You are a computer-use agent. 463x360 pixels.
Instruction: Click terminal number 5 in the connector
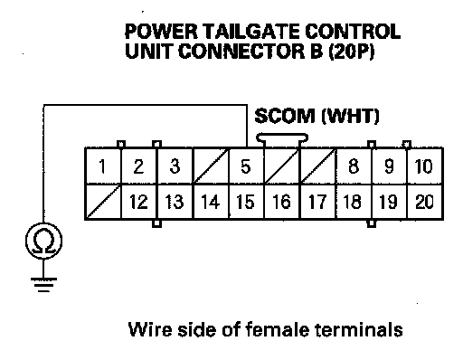(x=246, y=166)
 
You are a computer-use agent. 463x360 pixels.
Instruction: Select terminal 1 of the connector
(x=103, y=166)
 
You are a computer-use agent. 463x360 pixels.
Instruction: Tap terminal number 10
(x=424, y=166)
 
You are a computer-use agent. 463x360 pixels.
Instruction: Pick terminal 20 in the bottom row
(x=424, y=202)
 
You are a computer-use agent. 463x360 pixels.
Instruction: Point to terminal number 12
(x=138, y=202)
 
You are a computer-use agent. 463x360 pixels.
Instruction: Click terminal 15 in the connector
(x=246, y=202)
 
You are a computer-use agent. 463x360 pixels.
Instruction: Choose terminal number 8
(x=354, y=166)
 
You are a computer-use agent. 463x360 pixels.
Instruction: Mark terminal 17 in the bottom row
(x=317, y=202)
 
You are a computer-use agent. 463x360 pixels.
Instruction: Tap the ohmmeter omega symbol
(x=44, y=241)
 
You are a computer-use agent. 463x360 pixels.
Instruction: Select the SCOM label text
(x=284, y=116)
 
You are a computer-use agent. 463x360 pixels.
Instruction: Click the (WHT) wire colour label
(x=350, y=117)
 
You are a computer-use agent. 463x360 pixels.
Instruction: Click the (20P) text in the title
(x=352, y=52)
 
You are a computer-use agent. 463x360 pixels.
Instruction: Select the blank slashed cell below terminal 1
(x=103, y=202)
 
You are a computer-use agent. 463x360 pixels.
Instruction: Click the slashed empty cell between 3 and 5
(x=211, y=166)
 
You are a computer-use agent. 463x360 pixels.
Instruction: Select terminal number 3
(x=175, y=166)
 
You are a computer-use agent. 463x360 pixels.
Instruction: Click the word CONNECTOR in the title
(x=241, y=52)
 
